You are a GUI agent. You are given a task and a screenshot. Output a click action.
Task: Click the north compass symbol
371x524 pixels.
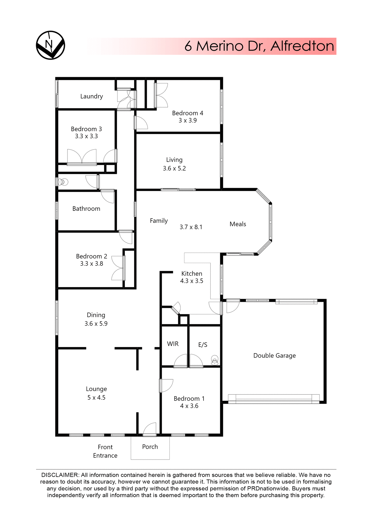click(51, 45)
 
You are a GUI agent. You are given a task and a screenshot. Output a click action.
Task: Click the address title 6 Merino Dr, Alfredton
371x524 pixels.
click(259, 46)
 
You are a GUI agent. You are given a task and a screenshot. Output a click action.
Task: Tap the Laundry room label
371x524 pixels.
click(92, 96)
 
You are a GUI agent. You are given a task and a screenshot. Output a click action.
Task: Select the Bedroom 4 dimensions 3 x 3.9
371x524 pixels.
click(187, 120)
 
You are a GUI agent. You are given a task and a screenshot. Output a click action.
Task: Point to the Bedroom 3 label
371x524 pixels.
click(86, 129)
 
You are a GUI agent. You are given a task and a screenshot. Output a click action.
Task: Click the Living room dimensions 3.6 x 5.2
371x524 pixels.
click(174, 168)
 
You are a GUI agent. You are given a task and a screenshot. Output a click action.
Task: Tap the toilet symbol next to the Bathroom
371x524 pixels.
click(64, 181)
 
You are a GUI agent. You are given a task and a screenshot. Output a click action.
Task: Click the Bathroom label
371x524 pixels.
click(86, 209)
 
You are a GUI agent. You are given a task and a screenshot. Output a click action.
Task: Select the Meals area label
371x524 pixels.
click(238, 224)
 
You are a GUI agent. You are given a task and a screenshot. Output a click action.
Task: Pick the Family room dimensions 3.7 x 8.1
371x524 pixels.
click(191, 227)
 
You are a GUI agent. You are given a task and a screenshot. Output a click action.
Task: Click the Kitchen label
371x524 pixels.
click(192, 273)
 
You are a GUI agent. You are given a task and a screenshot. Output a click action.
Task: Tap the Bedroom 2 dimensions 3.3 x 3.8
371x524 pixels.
click(92, 264)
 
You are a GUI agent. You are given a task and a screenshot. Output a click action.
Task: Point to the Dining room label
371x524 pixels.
click(96, 315)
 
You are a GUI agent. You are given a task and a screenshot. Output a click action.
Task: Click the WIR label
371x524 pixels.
click(173, 344)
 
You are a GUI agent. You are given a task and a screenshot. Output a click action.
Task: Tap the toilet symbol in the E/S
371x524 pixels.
click(215, 360)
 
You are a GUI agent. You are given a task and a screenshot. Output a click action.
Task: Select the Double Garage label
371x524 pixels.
click(274, 356)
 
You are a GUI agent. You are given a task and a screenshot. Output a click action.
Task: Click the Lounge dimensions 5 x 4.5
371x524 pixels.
click(96, 398)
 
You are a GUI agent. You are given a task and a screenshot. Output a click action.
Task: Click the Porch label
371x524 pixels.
click(150, 447)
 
